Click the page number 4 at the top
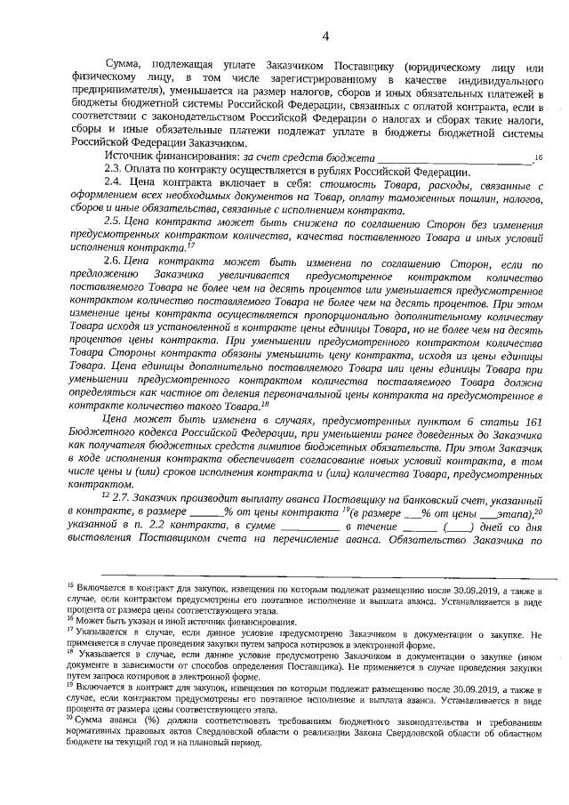(325, 36)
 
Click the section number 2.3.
(114, 172)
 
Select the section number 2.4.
(114, 188)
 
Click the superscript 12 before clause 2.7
(105, 494)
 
